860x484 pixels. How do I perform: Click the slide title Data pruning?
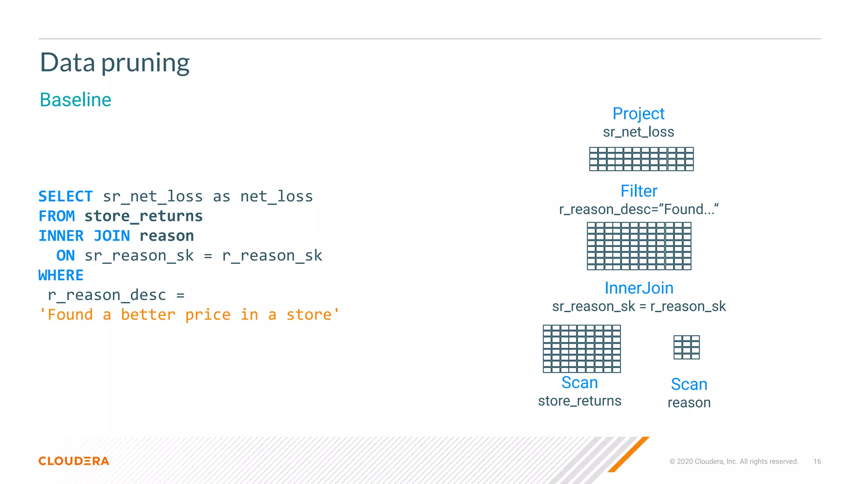pos(115,63)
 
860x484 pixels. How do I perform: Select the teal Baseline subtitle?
pos(76,100)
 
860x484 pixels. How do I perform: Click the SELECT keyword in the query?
pos(66,197)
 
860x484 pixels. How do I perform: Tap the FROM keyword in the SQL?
pos(57,216)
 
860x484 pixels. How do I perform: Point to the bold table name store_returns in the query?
pos(144,216)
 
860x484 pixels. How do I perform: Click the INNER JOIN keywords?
pos(84,236)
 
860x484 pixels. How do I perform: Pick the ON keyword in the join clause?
pos(66,256)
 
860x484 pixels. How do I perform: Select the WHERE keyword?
pos(61,276)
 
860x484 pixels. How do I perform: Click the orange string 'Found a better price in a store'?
pos(189,315)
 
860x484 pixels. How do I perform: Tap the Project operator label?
pos(638,114)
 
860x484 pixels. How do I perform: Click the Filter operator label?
pos(639,191)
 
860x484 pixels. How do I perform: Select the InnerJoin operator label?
pos(639,288)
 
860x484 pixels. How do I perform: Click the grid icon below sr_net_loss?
pos(641,159)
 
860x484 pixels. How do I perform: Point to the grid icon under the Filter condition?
pos(639,246)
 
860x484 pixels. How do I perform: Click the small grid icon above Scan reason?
pos(687,347)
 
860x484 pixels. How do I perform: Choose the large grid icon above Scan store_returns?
pos(582,349)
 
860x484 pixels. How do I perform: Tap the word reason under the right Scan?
pos(689,403)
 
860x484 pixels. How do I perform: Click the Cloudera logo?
pos(74,461)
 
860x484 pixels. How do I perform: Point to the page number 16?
pos(817,462)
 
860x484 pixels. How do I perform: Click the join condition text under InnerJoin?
pos(639,307)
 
